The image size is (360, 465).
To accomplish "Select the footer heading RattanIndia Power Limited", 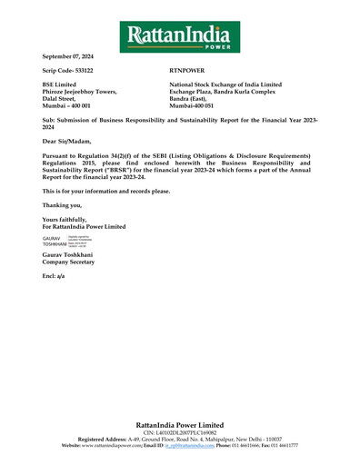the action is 180,424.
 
